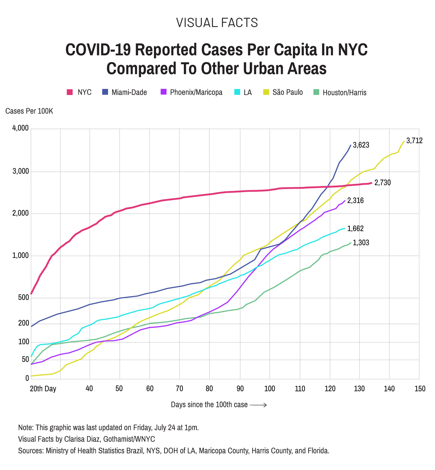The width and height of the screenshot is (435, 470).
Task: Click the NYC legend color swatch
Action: (70, 92)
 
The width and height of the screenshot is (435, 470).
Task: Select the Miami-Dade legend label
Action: (129, 92)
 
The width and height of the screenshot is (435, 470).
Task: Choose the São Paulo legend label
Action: (288, 92)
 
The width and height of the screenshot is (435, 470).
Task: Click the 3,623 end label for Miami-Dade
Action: (361, 145)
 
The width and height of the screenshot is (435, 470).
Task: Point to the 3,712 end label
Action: (414, 140)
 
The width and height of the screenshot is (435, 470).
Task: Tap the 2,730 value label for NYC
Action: (383, 183)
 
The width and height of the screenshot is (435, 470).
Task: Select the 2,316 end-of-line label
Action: (355, 201)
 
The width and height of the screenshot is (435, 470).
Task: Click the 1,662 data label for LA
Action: (355, 229)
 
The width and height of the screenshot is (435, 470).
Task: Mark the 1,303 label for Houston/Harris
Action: (361, 243)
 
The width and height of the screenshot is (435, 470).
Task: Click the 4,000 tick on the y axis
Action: (20, 128)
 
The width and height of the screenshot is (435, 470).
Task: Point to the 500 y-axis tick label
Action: (23, 298)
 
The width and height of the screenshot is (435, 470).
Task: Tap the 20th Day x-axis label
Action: (43, 389)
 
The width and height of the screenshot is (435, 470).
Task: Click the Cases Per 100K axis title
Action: (29, 111)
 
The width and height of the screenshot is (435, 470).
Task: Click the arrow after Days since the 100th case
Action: (258, 405)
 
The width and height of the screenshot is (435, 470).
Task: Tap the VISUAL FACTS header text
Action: (217, 23)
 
